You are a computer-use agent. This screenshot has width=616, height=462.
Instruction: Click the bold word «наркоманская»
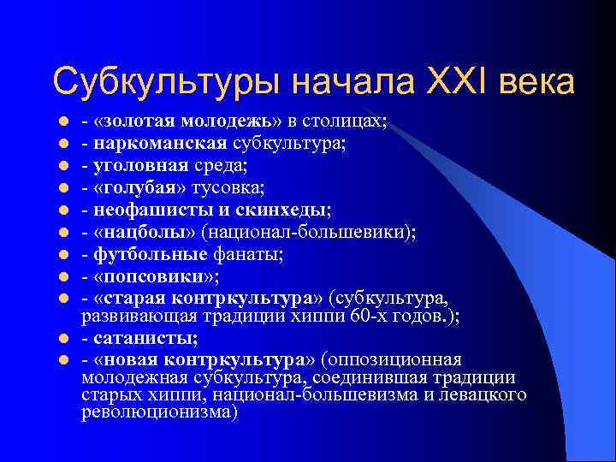tap(144, 143)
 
